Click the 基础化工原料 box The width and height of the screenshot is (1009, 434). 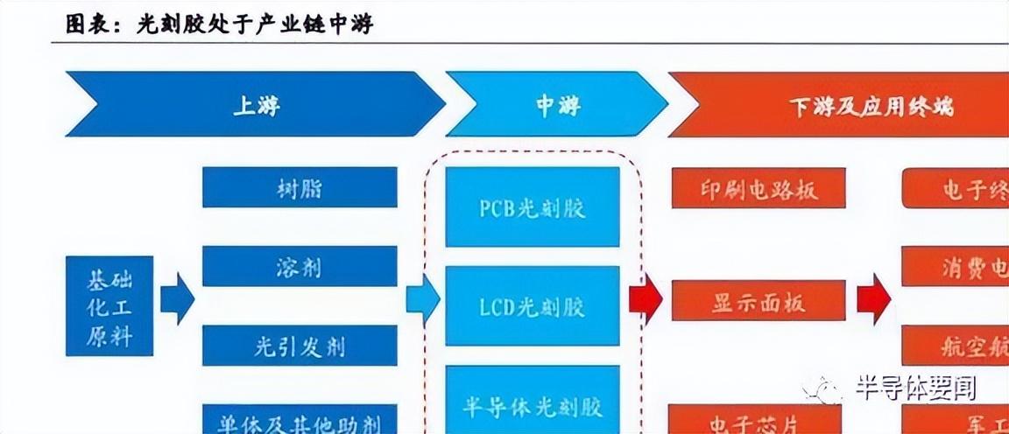tap(109, 305)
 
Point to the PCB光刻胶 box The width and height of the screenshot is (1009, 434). tap(533, 207)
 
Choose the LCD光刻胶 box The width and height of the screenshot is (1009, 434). tap(533, 305)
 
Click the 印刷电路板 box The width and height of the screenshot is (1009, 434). tap(759, 188)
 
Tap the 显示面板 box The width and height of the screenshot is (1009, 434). tap(759, 301)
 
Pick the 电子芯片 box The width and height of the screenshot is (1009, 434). tap(759, 420)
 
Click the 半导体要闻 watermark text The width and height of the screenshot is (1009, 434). tap(915, 388)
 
